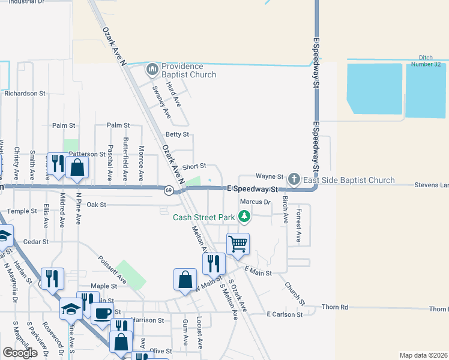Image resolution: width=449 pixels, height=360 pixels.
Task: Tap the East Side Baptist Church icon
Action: (x=294, y=179)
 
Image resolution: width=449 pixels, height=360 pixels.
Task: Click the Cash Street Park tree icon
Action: (x=244, y=217)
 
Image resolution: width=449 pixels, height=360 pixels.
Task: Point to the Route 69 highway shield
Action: (x=169, y=190)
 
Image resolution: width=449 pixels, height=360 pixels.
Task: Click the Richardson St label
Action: (x=25, y=94)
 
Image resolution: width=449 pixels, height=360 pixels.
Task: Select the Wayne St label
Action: (x=270, y=176)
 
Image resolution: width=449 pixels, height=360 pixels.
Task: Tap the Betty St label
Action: (x=177, y=134)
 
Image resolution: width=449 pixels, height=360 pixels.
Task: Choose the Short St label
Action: (x=194, y=166)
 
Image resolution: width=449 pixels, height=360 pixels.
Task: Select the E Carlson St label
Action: (x=285, y=314)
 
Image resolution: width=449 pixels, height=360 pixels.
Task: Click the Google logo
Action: (x=20, y=353)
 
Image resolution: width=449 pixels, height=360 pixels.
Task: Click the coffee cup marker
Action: (x=102, y=313)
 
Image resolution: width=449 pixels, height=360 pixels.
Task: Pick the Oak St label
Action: (x=96, y=205)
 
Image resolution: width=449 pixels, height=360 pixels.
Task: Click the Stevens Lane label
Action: (x=431, y=185)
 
